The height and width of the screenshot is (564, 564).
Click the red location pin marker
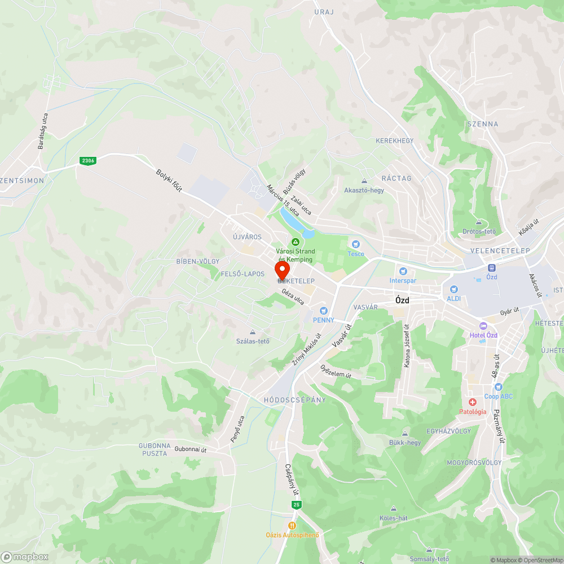point(281,268)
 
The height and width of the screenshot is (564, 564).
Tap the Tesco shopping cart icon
point(355,244)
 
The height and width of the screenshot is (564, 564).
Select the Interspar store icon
point(403,271)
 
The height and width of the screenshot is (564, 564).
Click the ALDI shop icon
point(453,288)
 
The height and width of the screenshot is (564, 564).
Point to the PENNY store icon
point(323,310)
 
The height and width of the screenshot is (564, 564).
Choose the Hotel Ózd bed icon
point(483,326)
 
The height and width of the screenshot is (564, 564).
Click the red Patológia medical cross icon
point(472,402)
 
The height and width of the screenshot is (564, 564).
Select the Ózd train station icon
point(491,268)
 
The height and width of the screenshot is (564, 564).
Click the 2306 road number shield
point(87,161)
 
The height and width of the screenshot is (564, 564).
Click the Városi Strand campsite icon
point(294,242)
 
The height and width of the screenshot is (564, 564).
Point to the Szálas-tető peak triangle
point(252,332)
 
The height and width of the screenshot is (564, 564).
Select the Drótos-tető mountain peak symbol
point(479,223)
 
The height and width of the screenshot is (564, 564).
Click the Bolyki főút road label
point(169,181)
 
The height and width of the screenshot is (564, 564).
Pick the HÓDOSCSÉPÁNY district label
point(294,400)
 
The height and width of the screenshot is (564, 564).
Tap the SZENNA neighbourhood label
point(482,124)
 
